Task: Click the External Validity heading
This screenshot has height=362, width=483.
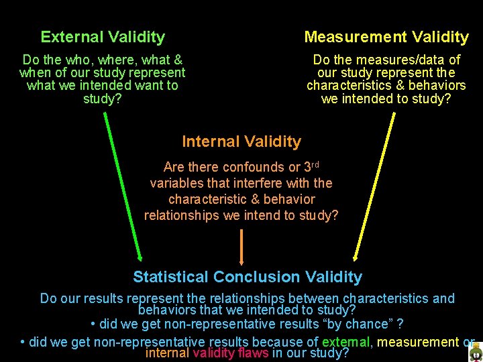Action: tap(103, 37)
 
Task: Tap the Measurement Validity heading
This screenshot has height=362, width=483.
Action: tap(386, 37)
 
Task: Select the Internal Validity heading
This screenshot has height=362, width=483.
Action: tap(241, 141)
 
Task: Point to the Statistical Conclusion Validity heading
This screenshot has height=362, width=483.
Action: tap(248, 277)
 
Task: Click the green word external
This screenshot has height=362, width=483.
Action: tap(345, 342)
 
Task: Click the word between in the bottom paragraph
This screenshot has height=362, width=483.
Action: tap(315, 298)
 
